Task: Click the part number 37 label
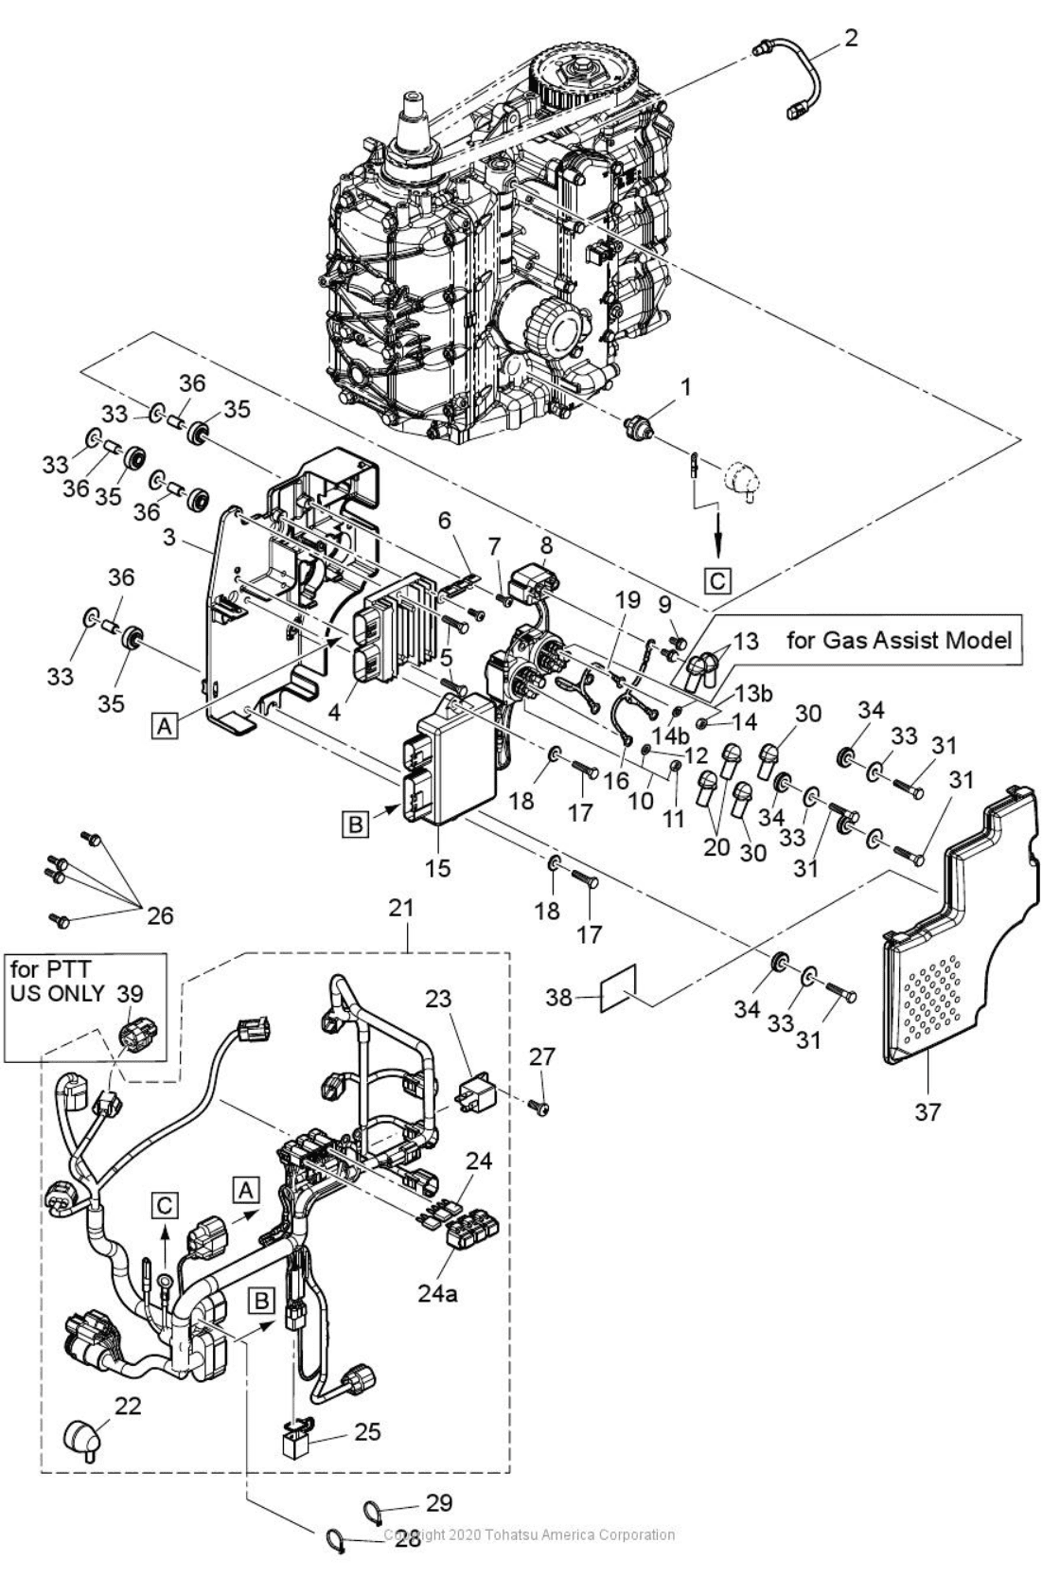[927, 1110]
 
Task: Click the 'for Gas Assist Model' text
[898, 640]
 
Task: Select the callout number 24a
[436, 1292]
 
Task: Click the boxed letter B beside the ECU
[355, 824]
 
